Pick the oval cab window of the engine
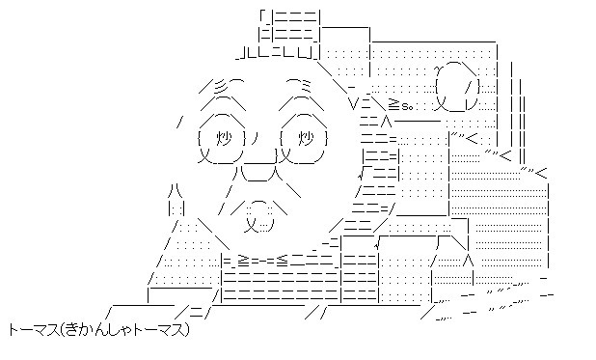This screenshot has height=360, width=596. [x=456, y=85]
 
